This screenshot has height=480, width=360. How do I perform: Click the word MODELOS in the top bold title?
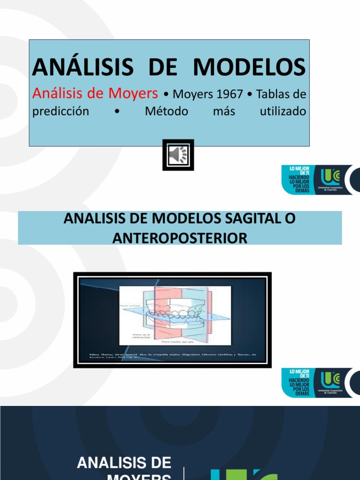coord(250,67)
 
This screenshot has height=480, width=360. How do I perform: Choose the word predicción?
coord(60,112)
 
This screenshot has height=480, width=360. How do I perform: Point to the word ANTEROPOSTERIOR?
coord(180,238)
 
